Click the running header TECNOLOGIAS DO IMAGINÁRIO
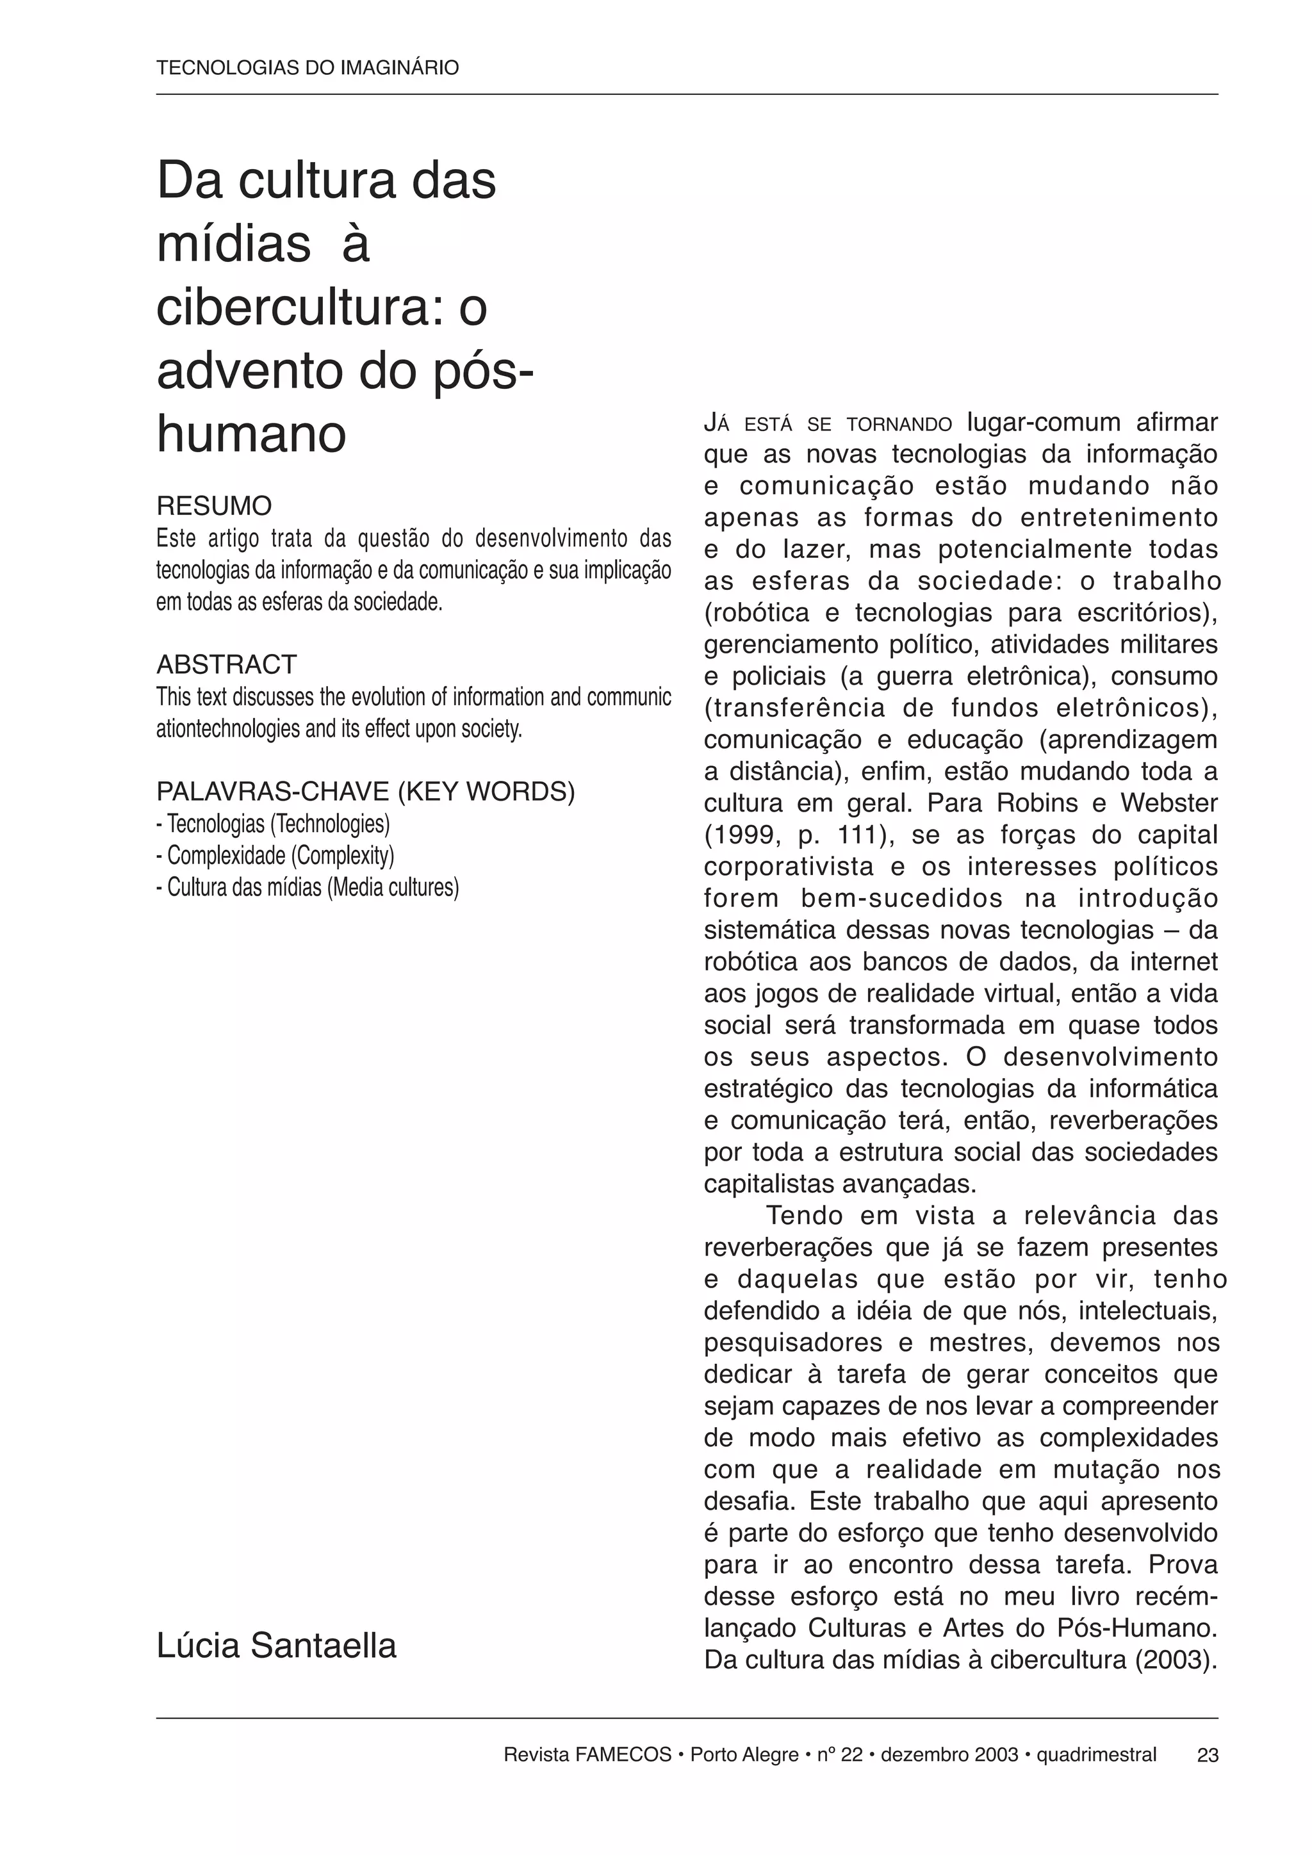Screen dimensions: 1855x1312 tap(307, 68)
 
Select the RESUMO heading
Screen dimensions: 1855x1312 tap(214, 506)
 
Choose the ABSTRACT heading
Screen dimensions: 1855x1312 tap(226, 664)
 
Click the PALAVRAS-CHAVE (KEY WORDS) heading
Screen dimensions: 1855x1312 tap(365, 792)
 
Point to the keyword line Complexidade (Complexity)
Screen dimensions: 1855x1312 tap(276, 856)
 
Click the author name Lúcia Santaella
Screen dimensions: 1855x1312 tap(276, 1646)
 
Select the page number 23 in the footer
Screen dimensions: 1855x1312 tap(1207, 1755)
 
